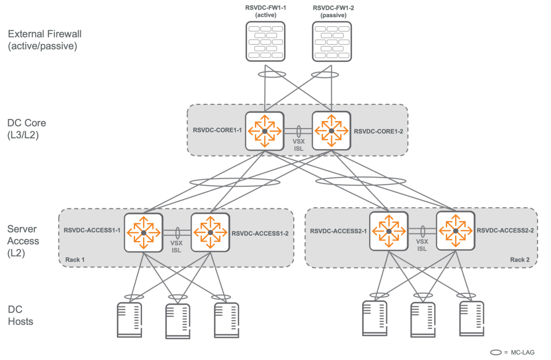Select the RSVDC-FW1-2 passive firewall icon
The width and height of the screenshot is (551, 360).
click(332, 40)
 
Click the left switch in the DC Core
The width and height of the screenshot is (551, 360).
click(264, 131)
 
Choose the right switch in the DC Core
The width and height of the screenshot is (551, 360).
click(331, 131)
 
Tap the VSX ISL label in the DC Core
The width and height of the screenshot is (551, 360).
click(298, 145)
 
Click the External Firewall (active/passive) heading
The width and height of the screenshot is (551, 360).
click(44, 40)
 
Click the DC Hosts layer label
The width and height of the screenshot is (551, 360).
click(20, 315)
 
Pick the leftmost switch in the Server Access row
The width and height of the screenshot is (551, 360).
click(143, 232)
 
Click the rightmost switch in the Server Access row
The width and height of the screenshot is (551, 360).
click(455, 230)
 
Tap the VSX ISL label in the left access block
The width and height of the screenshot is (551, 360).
click(176, 246)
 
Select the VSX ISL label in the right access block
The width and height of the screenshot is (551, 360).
click(422, 245)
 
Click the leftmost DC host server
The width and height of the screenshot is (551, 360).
click(129, 320)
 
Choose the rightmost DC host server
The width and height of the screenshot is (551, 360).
click(472, 318)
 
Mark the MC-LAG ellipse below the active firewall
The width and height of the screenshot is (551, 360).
click(271, 74)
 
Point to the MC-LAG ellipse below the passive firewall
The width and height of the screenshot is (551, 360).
click(325, 74)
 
